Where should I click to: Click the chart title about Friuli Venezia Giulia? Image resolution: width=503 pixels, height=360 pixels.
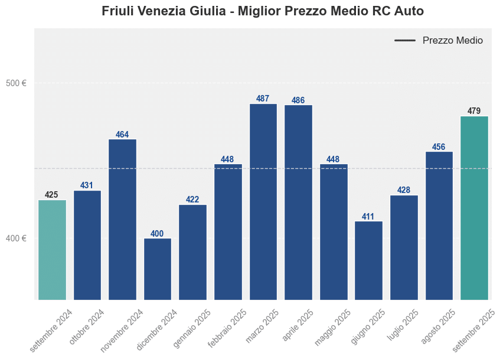tap(263, 11)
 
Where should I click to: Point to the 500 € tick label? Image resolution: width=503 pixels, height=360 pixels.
tap(16, 83)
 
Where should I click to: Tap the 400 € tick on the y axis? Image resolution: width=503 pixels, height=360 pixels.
tap(16, 238)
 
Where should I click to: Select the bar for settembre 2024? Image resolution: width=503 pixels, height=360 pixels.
tap(52, 250)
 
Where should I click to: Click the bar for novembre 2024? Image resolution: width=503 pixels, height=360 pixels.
tap(122, 220)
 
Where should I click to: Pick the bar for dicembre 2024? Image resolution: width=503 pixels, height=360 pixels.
tap(158, 269)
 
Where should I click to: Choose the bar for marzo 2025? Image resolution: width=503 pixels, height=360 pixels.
tap(263, 202)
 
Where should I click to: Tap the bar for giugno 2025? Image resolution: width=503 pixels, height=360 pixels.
tap(368, 260)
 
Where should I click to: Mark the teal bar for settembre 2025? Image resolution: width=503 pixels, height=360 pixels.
tap(474, 208)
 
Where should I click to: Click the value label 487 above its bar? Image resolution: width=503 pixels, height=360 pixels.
tap(263, 99)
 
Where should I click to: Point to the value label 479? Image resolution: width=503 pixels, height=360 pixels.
tap(474, 111)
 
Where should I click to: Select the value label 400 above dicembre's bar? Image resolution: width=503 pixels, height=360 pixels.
tap(158, 234)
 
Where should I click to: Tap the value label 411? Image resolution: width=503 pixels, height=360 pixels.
tap(368, 217)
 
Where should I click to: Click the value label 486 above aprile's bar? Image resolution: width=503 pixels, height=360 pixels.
tap(298, 100)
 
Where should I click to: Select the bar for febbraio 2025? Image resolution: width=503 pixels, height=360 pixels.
tap(228, 232)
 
